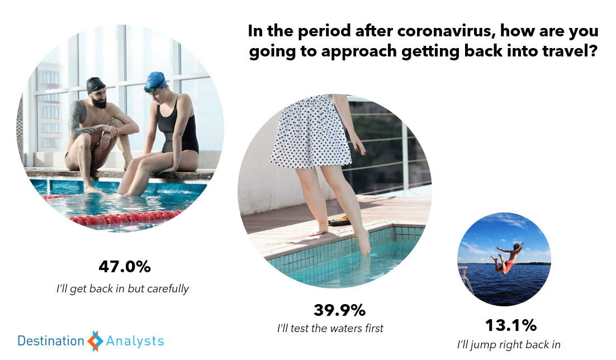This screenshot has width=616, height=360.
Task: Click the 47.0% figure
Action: pyautogui.click(x=125, y=267)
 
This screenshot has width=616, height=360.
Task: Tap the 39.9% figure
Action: pyautogui.click(x=339, y=310)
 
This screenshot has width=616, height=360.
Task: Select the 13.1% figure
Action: pyautogui.click(x=511, y=325)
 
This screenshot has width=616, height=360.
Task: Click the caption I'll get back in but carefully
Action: pyautogui.click(x=122, y=289)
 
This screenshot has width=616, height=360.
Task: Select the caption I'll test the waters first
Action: pyautogui.click(x=330, y=328)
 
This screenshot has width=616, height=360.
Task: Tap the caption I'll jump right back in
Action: pyautogui.click(x=509, y=345)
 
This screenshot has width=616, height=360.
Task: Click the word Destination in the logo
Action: pyautogui.click(x=51, y=341)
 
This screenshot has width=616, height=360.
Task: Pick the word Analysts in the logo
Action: pyautogui.click(x=135, y=341)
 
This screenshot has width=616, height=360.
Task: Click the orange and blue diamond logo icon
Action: pyautogui.click(x=95, y=341)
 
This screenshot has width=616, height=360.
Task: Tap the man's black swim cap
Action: pyautogui.click(x=96, y=84)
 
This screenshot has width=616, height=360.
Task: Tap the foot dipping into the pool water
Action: pyautogui.click(x=363, y=242)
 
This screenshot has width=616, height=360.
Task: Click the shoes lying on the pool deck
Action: pyautogui.click(x=339, y=220)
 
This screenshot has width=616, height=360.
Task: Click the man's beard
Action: pyautogui.click(x=100, y=103)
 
